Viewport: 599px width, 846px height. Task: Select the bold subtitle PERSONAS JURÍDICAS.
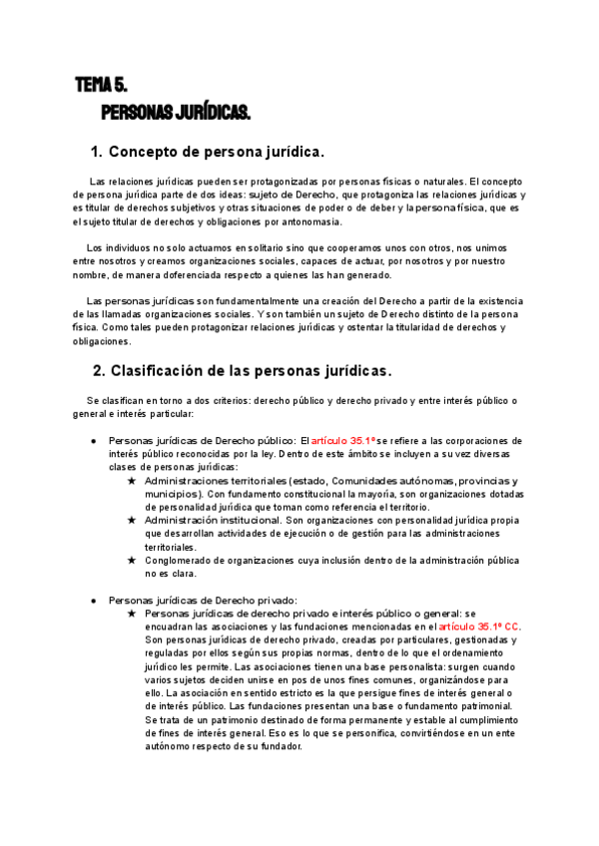coord(176,110)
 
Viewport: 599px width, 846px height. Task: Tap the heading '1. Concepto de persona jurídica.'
coord(208,153)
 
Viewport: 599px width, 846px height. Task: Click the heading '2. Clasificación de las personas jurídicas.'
coord(243,371)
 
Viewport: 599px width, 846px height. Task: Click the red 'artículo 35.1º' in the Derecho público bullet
coord(342,440)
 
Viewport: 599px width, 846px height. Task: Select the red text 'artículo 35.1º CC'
coord(479,626)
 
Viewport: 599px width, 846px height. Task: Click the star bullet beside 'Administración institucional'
coord(131,521)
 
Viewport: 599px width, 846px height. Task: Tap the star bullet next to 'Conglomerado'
coord(131,561)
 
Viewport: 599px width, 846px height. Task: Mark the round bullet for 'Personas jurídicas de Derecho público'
coord(93,441)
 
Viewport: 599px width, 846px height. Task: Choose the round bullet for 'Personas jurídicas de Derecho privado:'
coord(93,600)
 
